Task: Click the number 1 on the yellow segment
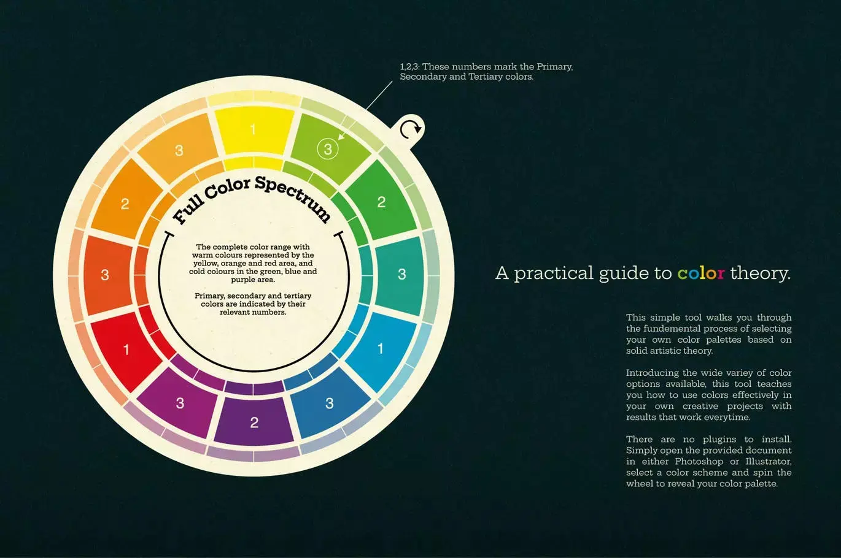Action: (x=253, y=129)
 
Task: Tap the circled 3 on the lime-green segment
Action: (x=328, y=149)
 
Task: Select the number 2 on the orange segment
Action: (x=125, y=204)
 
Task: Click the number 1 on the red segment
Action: (x=126, y=350)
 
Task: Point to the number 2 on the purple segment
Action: (x=254, y=422)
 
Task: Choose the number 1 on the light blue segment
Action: (x=381, y=349)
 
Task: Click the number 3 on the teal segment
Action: (x=401, y=274)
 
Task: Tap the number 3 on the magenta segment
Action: (x=180, y=403)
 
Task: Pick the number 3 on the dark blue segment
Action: (x=330, y=403)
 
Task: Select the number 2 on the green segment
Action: (x=381, y=202)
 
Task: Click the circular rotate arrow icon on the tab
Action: (x=410, y=129)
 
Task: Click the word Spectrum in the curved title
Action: (x=293, y=197)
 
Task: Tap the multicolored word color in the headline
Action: (x=701, y=273)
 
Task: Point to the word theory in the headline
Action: (x=761, y=273)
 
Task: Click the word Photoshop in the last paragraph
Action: (x=699, y=462)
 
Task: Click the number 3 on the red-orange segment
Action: (x=105, y=275)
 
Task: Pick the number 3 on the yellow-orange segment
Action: (x=179, y=150)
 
